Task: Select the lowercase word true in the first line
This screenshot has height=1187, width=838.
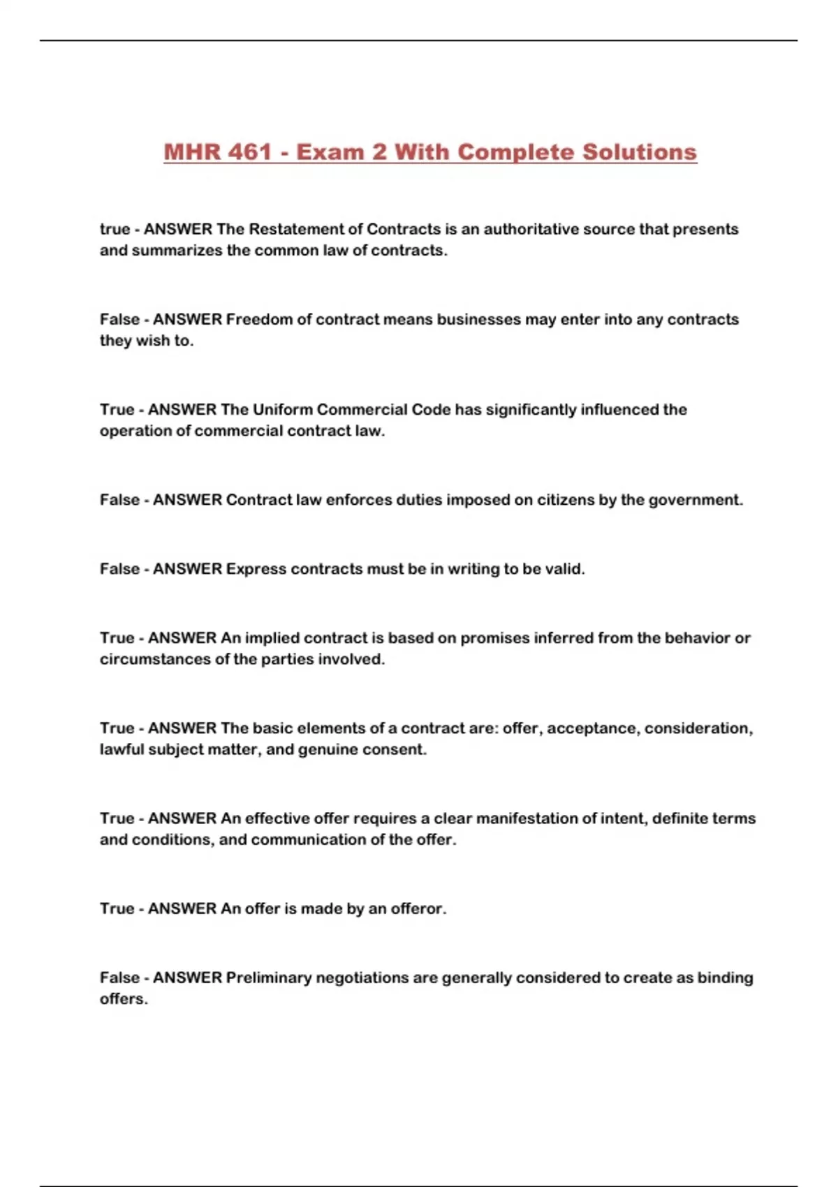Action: click(x=115, y=229)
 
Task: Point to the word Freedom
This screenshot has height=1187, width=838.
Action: click(x=259, y=319)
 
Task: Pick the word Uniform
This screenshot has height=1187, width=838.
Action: click(x=282, y=409)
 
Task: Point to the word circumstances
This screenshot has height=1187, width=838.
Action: click(x=154, y=659)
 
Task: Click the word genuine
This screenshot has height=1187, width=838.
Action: click(x=328, y=750)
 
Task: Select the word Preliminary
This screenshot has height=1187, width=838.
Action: click(x=269, y=978)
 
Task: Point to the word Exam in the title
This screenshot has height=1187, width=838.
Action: click(x=331, y=152)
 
